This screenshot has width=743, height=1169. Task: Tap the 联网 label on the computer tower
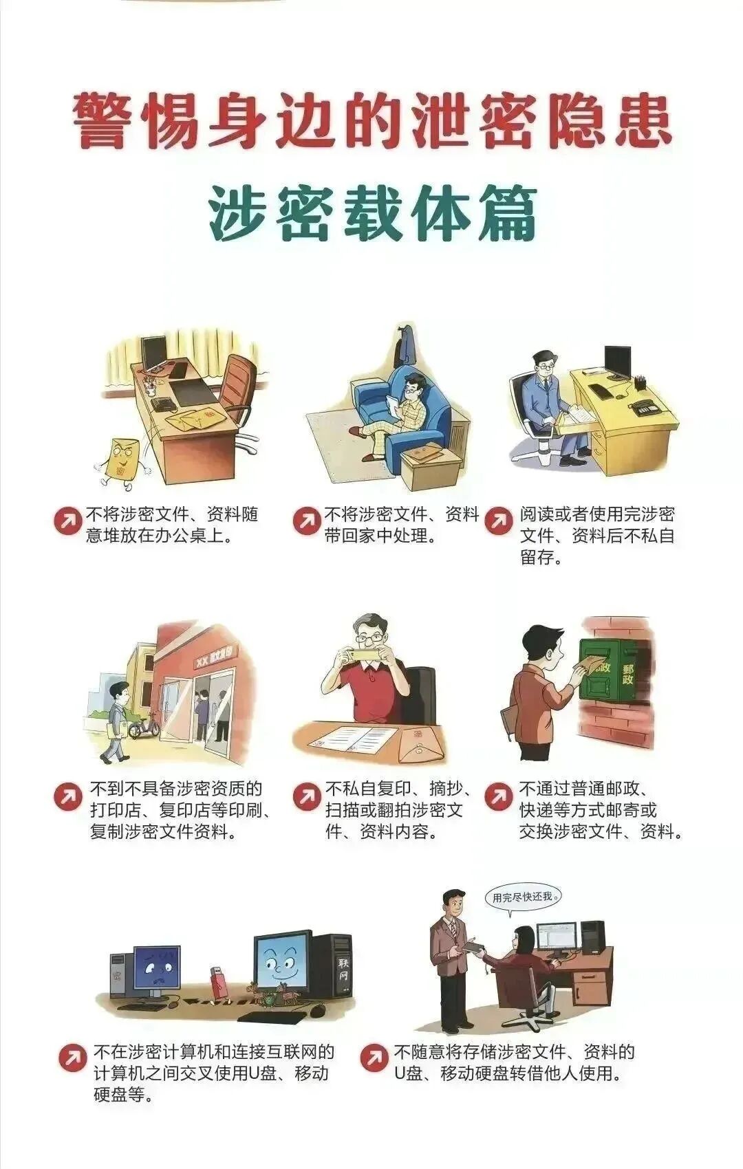tap(343, 968)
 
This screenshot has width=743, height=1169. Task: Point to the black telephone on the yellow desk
tap(647, 407)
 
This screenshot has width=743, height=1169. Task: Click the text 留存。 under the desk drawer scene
tap(541, 558)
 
